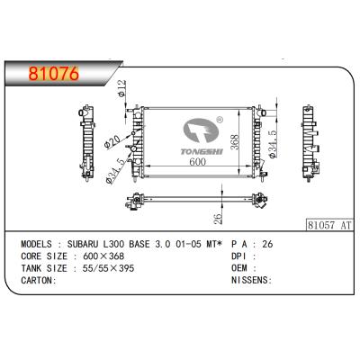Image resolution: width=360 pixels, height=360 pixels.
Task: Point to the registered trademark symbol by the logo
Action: tap(219, 118)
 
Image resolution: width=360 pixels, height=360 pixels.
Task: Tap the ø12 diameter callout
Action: tap(123, 90)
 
